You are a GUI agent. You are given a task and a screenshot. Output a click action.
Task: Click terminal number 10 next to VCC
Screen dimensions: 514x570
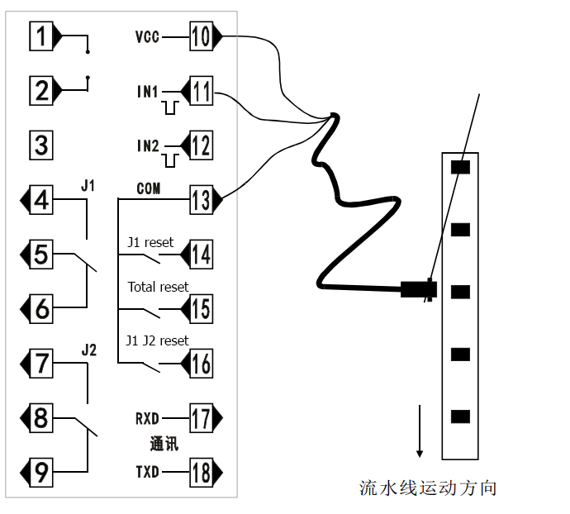201,36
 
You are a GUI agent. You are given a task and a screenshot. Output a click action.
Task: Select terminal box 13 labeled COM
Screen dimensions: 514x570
201,200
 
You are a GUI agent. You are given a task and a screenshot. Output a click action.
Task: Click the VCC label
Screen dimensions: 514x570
147,37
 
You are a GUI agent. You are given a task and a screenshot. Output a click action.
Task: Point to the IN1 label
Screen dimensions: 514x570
147,91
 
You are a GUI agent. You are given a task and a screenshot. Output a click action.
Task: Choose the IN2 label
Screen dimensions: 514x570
147,145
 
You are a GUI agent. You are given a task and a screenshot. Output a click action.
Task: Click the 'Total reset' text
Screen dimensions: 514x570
158,287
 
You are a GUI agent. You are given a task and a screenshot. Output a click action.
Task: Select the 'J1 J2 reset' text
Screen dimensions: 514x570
157,340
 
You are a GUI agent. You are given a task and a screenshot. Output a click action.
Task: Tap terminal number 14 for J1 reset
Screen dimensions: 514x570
201,254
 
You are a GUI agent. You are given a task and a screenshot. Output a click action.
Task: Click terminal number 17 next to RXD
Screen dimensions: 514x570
201,418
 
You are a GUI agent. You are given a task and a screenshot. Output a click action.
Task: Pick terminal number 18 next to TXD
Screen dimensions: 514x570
201,473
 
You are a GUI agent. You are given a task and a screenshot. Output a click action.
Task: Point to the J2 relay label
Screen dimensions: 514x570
89,350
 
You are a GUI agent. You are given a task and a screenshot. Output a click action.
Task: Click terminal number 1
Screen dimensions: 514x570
41,36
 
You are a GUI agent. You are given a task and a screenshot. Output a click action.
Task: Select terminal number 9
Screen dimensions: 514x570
41,473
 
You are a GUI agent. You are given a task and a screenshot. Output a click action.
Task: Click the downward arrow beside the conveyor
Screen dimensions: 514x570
420,431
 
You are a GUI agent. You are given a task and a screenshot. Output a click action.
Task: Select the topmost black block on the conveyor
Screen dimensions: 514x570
460,166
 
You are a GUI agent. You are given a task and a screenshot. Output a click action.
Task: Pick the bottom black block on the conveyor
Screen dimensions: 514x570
460,416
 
